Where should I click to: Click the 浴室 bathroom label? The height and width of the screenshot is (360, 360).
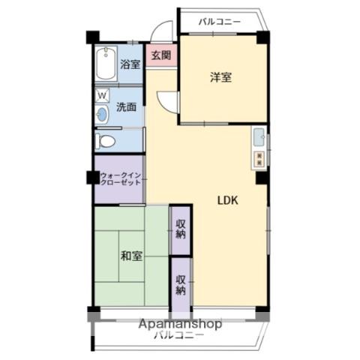pos(130,64)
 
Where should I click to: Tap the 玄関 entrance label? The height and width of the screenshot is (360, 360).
pos(160,55)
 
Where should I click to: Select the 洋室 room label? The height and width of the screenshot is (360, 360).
pos(220,76)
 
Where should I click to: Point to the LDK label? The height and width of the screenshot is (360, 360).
pos(228,201)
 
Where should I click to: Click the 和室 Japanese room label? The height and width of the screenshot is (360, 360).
pos(131,256)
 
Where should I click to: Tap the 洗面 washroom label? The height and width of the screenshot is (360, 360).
pos(126,106)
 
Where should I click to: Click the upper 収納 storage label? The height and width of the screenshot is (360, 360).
pos(181,228)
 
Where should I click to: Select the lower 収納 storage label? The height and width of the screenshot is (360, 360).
pos(181,285)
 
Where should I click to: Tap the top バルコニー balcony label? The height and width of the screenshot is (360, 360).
pos(219,22)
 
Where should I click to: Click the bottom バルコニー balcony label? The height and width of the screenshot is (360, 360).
pos(178,337)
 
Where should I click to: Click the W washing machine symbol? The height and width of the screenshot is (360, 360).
pos(102,95)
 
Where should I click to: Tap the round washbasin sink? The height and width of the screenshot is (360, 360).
pos(103,114)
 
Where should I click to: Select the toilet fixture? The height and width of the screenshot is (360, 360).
pos(105,140)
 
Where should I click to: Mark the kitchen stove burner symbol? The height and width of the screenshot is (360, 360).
pos(259,158)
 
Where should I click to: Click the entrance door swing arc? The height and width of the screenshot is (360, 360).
pos(159,32)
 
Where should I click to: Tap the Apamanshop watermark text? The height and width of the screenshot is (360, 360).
pos(179,324)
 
